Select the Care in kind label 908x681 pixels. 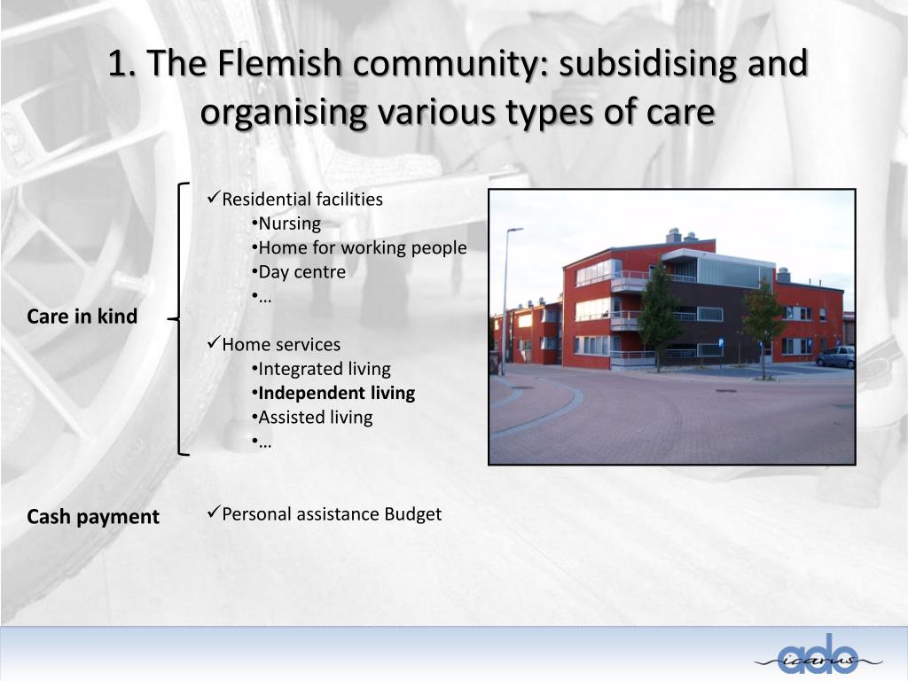coord(82,317)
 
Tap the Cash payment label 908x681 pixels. coord(93,516)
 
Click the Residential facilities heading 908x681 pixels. coord(301,199)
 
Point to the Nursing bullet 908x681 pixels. coord(289,223)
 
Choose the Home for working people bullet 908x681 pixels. coord(362,247)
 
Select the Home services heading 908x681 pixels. coord(280,344)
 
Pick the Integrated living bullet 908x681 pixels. coord(324,369)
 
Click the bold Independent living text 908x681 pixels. coord(336,393)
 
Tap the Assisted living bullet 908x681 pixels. coord(315,417)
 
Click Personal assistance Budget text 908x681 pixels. coord(331,513)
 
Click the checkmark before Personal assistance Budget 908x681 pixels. coord(213,513)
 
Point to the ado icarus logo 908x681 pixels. coord(819,656)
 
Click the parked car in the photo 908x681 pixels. coord(835,356)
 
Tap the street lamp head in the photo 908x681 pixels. coord(515,230)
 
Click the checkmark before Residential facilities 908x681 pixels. coord(213,198)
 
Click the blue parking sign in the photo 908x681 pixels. coord(720,340)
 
